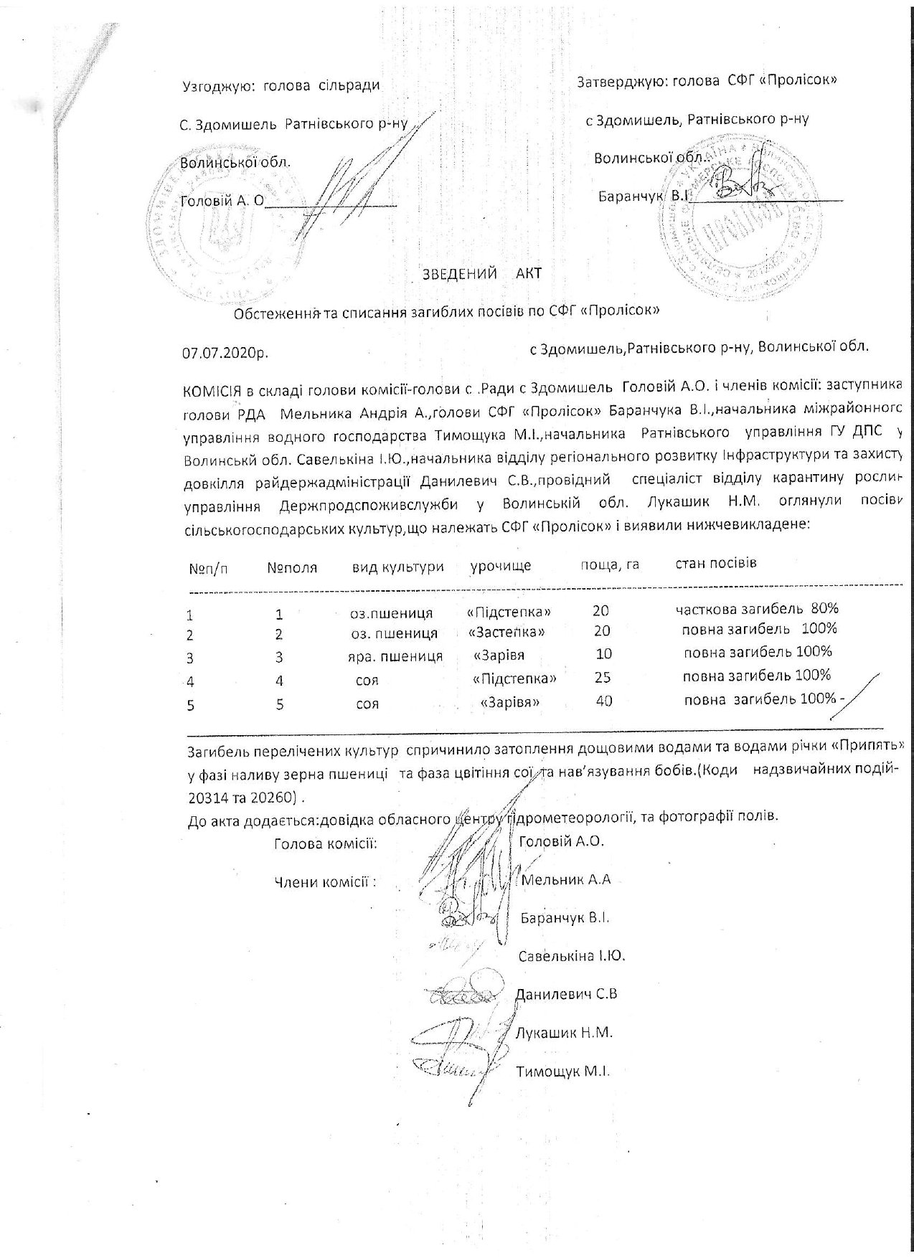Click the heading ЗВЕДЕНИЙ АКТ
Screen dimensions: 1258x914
click(482, 273)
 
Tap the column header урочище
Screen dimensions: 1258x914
click(501, 566)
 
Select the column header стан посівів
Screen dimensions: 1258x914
click(716, 562)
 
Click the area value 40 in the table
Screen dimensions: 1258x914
click(604, 701)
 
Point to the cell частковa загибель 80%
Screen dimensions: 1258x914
click(757, 609)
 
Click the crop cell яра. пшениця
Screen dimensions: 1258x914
click(390, 656)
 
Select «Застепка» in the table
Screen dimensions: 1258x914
click(507, 633)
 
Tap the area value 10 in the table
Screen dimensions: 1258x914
click(604, 653)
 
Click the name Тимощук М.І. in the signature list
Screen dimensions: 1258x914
click(562, 1072)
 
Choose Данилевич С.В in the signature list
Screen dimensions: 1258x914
click(566, 995)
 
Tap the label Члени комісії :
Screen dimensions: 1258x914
click(326, 881)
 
